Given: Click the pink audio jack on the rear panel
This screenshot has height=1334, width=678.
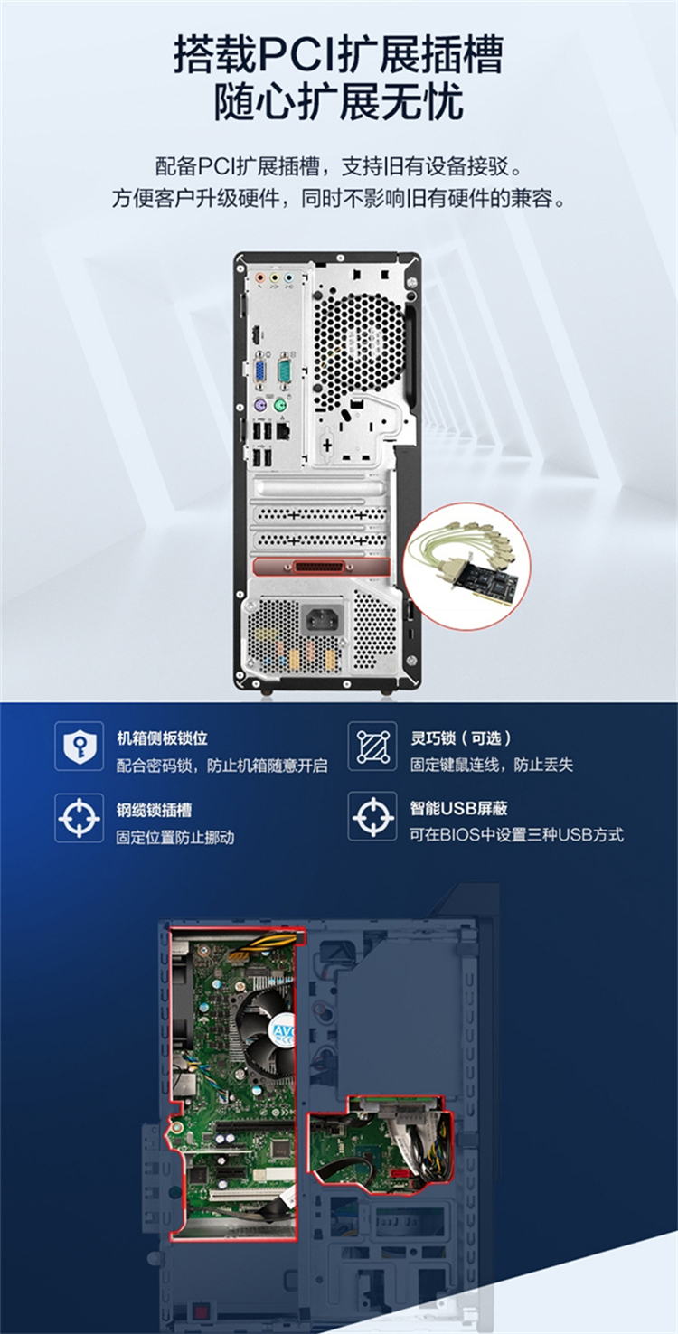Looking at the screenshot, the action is [259, 277].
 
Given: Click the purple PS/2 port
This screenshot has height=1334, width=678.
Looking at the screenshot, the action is [259, 406].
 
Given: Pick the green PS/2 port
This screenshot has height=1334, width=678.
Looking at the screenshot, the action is [280, 406].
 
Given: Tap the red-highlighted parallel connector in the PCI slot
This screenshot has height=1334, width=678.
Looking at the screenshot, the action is [321, 567].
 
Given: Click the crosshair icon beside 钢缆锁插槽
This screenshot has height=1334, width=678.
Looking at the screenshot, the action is [80, 818].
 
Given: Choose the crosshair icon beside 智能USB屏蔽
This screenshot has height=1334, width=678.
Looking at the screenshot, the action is [372, 816].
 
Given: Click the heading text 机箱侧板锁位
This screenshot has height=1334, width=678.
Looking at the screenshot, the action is [162, 738].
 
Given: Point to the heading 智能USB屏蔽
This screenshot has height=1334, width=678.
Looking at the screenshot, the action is [458, 808].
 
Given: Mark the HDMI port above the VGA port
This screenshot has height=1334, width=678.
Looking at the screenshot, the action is [256, 336].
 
